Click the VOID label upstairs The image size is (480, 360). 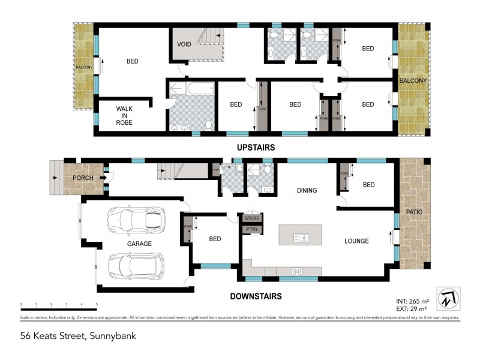pyautogui.click(x=184, y=44)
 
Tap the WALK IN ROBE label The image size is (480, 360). pyautogui.click(x=125, y=115)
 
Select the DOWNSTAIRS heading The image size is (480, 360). pyautogui.click(x=256, y=296)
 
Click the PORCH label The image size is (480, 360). pyautogui.click(x=83, y=178)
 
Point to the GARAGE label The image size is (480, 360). pyautogui.click(x=139, y=244)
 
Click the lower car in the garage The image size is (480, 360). pyautogui.click(x=136, y=265)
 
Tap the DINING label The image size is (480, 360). pyautogui.click(x=307, y=190)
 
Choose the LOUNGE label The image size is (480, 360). pyautogui.click(x=356, y=241)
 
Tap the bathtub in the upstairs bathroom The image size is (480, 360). pyautogui.click(x=191, y=89)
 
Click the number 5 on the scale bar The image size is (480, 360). pyautogui.click(x=97, y=305)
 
